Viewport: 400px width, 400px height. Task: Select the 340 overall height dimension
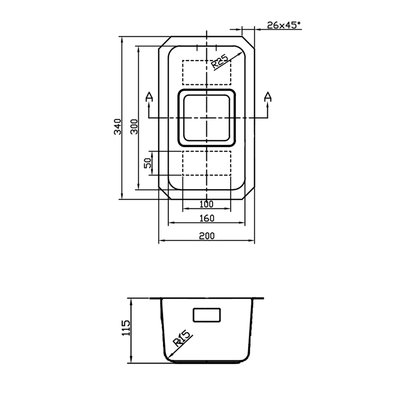117,127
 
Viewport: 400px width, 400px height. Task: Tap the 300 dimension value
134,127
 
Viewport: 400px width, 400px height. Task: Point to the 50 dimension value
147,163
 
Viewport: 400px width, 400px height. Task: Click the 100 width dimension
206,204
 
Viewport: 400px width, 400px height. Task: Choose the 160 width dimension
207,218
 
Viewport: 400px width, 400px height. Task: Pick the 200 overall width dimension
207,236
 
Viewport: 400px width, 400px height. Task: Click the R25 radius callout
219,62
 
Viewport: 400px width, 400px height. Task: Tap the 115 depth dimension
126,328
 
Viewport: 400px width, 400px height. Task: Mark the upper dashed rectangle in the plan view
207,73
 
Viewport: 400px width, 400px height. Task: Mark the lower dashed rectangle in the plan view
207,163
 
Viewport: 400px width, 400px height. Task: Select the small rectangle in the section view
207,315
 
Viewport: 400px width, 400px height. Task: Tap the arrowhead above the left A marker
149,104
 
